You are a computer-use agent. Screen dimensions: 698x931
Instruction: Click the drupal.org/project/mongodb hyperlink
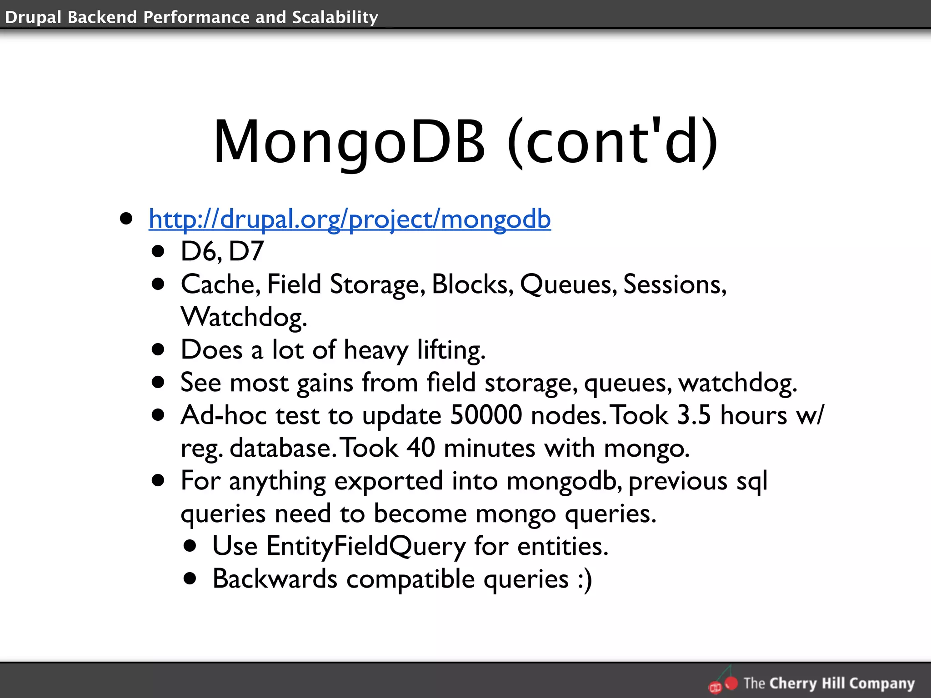(350, 219)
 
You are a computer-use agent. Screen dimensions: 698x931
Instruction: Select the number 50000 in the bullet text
(486, 415)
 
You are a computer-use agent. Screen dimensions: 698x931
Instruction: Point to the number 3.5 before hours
(694, 415)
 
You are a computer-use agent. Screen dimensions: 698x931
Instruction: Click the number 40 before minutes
(420, 448)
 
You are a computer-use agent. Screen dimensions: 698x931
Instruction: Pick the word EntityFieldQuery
(366, 546)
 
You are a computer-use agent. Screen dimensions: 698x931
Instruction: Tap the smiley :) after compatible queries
(585, 579)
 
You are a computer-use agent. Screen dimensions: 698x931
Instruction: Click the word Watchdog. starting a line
(244, 317)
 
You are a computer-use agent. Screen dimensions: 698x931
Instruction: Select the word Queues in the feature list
(568, 284)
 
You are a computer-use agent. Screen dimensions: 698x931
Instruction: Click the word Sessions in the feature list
(675, 284)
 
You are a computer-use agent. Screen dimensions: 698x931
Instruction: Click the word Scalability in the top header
(335, 17)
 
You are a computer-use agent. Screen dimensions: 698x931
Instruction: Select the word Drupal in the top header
(33, 17)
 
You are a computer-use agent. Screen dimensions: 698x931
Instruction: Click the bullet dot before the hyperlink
(126, 219)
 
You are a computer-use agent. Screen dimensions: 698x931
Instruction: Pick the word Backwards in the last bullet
(275, 579)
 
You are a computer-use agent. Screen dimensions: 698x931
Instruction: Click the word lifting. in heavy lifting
(451, 350)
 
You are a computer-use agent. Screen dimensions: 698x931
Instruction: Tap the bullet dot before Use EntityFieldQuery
(190, 546)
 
